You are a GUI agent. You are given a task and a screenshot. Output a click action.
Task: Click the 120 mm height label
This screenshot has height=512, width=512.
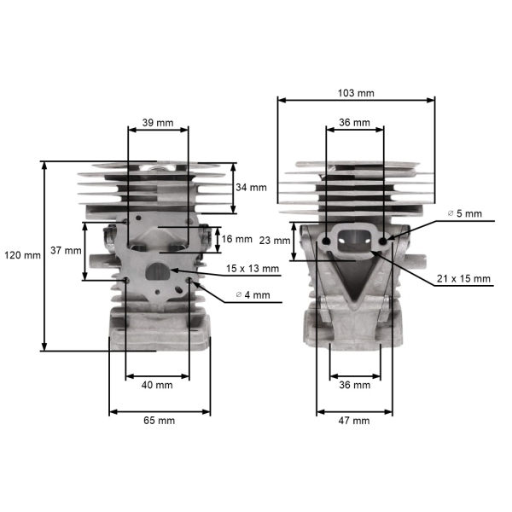click(22, 255)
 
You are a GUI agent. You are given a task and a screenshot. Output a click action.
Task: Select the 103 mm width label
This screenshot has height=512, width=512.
click(356, 93)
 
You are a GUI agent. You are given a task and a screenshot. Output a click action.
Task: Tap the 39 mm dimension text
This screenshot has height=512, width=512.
click(158, 123)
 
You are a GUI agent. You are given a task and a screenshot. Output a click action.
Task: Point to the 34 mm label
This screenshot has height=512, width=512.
click(251, 188)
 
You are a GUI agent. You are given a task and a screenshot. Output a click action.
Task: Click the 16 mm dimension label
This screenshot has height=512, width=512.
click(236, 239)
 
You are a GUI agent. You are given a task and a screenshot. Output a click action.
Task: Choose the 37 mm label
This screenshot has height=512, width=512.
click(66, 250)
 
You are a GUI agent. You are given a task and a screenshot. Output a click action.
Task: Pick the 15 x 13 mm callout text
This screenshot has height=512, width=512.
click(253, 269)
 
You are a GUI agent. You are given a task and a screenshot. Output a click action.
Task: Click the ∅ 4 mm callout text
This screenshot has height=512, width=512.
click(253, 295)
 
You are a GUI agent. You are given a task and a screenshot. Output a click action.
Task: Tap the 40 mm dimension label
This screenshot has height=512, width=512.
click(157, 385)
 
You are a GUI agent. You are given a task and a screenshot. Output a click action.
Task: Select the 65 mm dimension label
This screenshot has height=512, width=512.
click(159, 420)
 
